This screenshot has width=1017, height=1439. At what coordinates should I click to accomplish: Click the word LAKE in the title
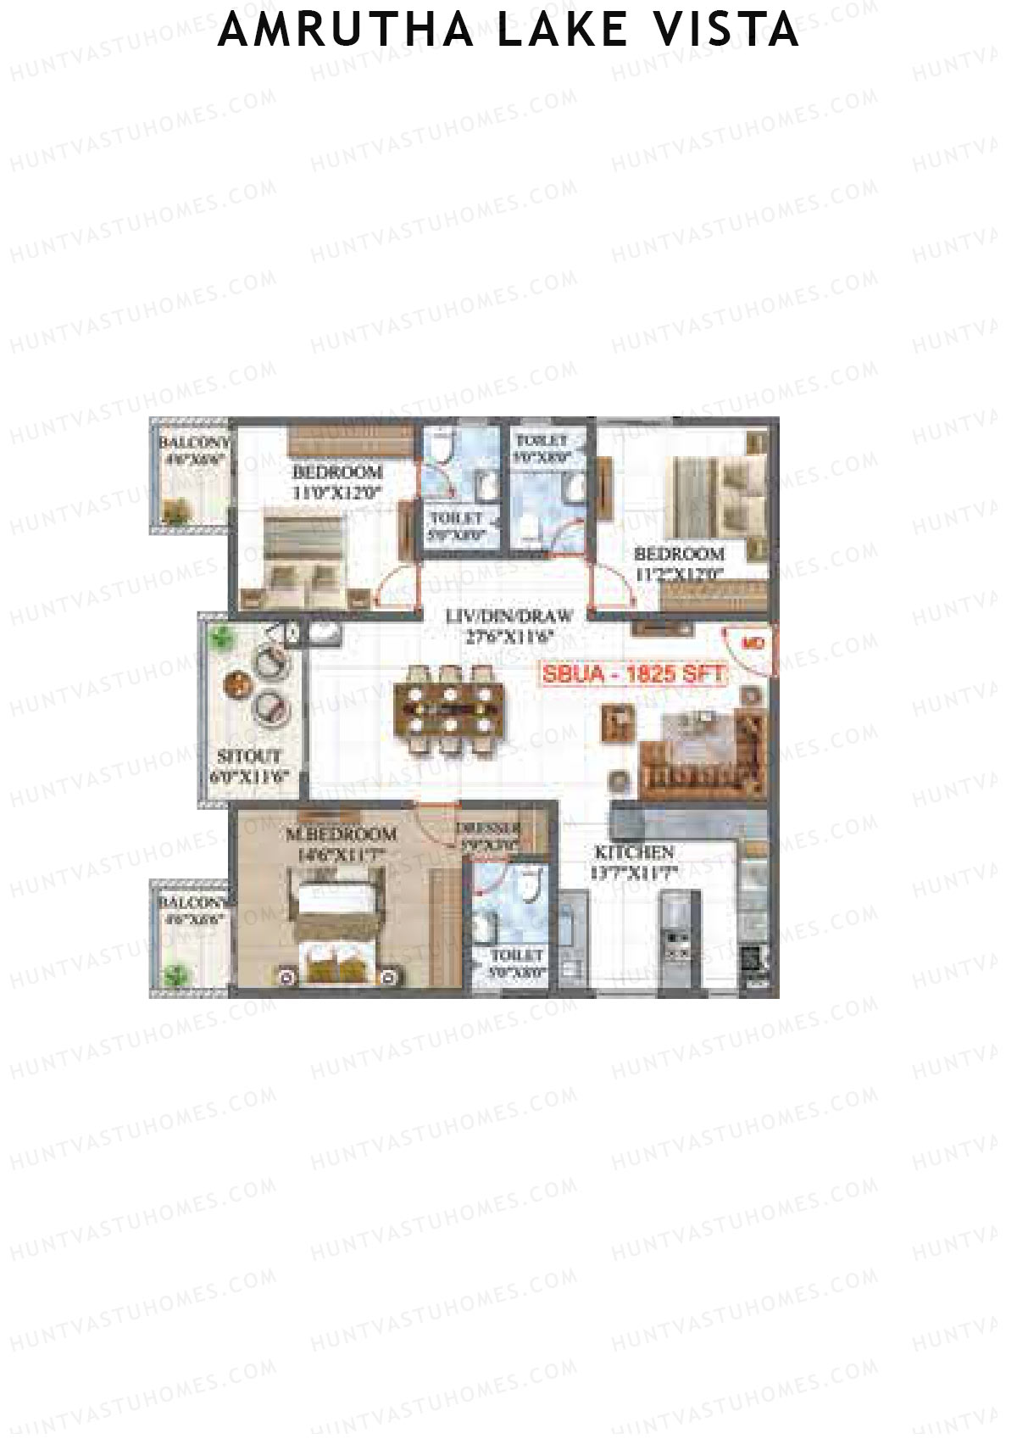[x=563, y=30]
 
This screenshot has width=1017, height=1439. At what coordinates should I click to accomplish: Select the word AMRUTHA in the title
[x=346, y=30]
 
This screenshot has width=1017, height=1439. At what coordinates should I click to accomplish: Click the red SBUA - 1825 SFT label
[x=634, y=674]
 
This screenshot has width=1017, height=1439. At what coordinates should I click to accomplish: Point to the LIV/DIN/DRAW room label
[x=508, y=616]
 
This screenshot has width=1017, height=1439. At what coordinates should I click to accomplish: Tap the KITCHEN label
[x=634, y=852]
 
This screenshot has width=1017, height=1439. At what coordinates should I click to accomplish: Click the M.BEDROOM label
[x=341, y=834]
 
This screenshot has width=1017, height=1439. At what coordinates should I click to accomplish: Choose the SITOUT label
[x=249, y=756]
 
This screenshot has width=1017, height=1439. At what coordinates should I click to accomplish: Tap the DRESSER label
[x=489, y=828]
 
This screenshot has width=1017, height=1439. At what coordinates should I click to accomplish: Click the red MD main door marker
[x=753, y=644]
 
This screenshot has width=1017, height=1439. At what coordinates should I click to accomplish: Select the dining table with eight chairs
[x=449, y=709]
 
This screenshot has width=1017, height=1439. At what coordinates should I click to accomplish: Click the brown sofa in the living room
[x=703, y=759]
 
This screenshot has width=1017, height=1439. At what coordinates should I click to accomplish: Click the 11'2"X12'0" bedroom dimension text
[x=679, y=574]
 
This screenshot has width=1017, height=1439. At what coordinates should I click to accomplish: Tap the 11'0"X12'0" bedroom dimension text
[x=337, y=492]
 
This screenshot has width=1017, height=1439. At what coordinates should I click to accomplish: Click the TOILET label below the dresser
[x=516, y=956]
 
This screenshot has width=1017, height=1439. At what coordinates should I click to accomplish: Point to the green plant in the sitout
[x=222, y=637]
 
